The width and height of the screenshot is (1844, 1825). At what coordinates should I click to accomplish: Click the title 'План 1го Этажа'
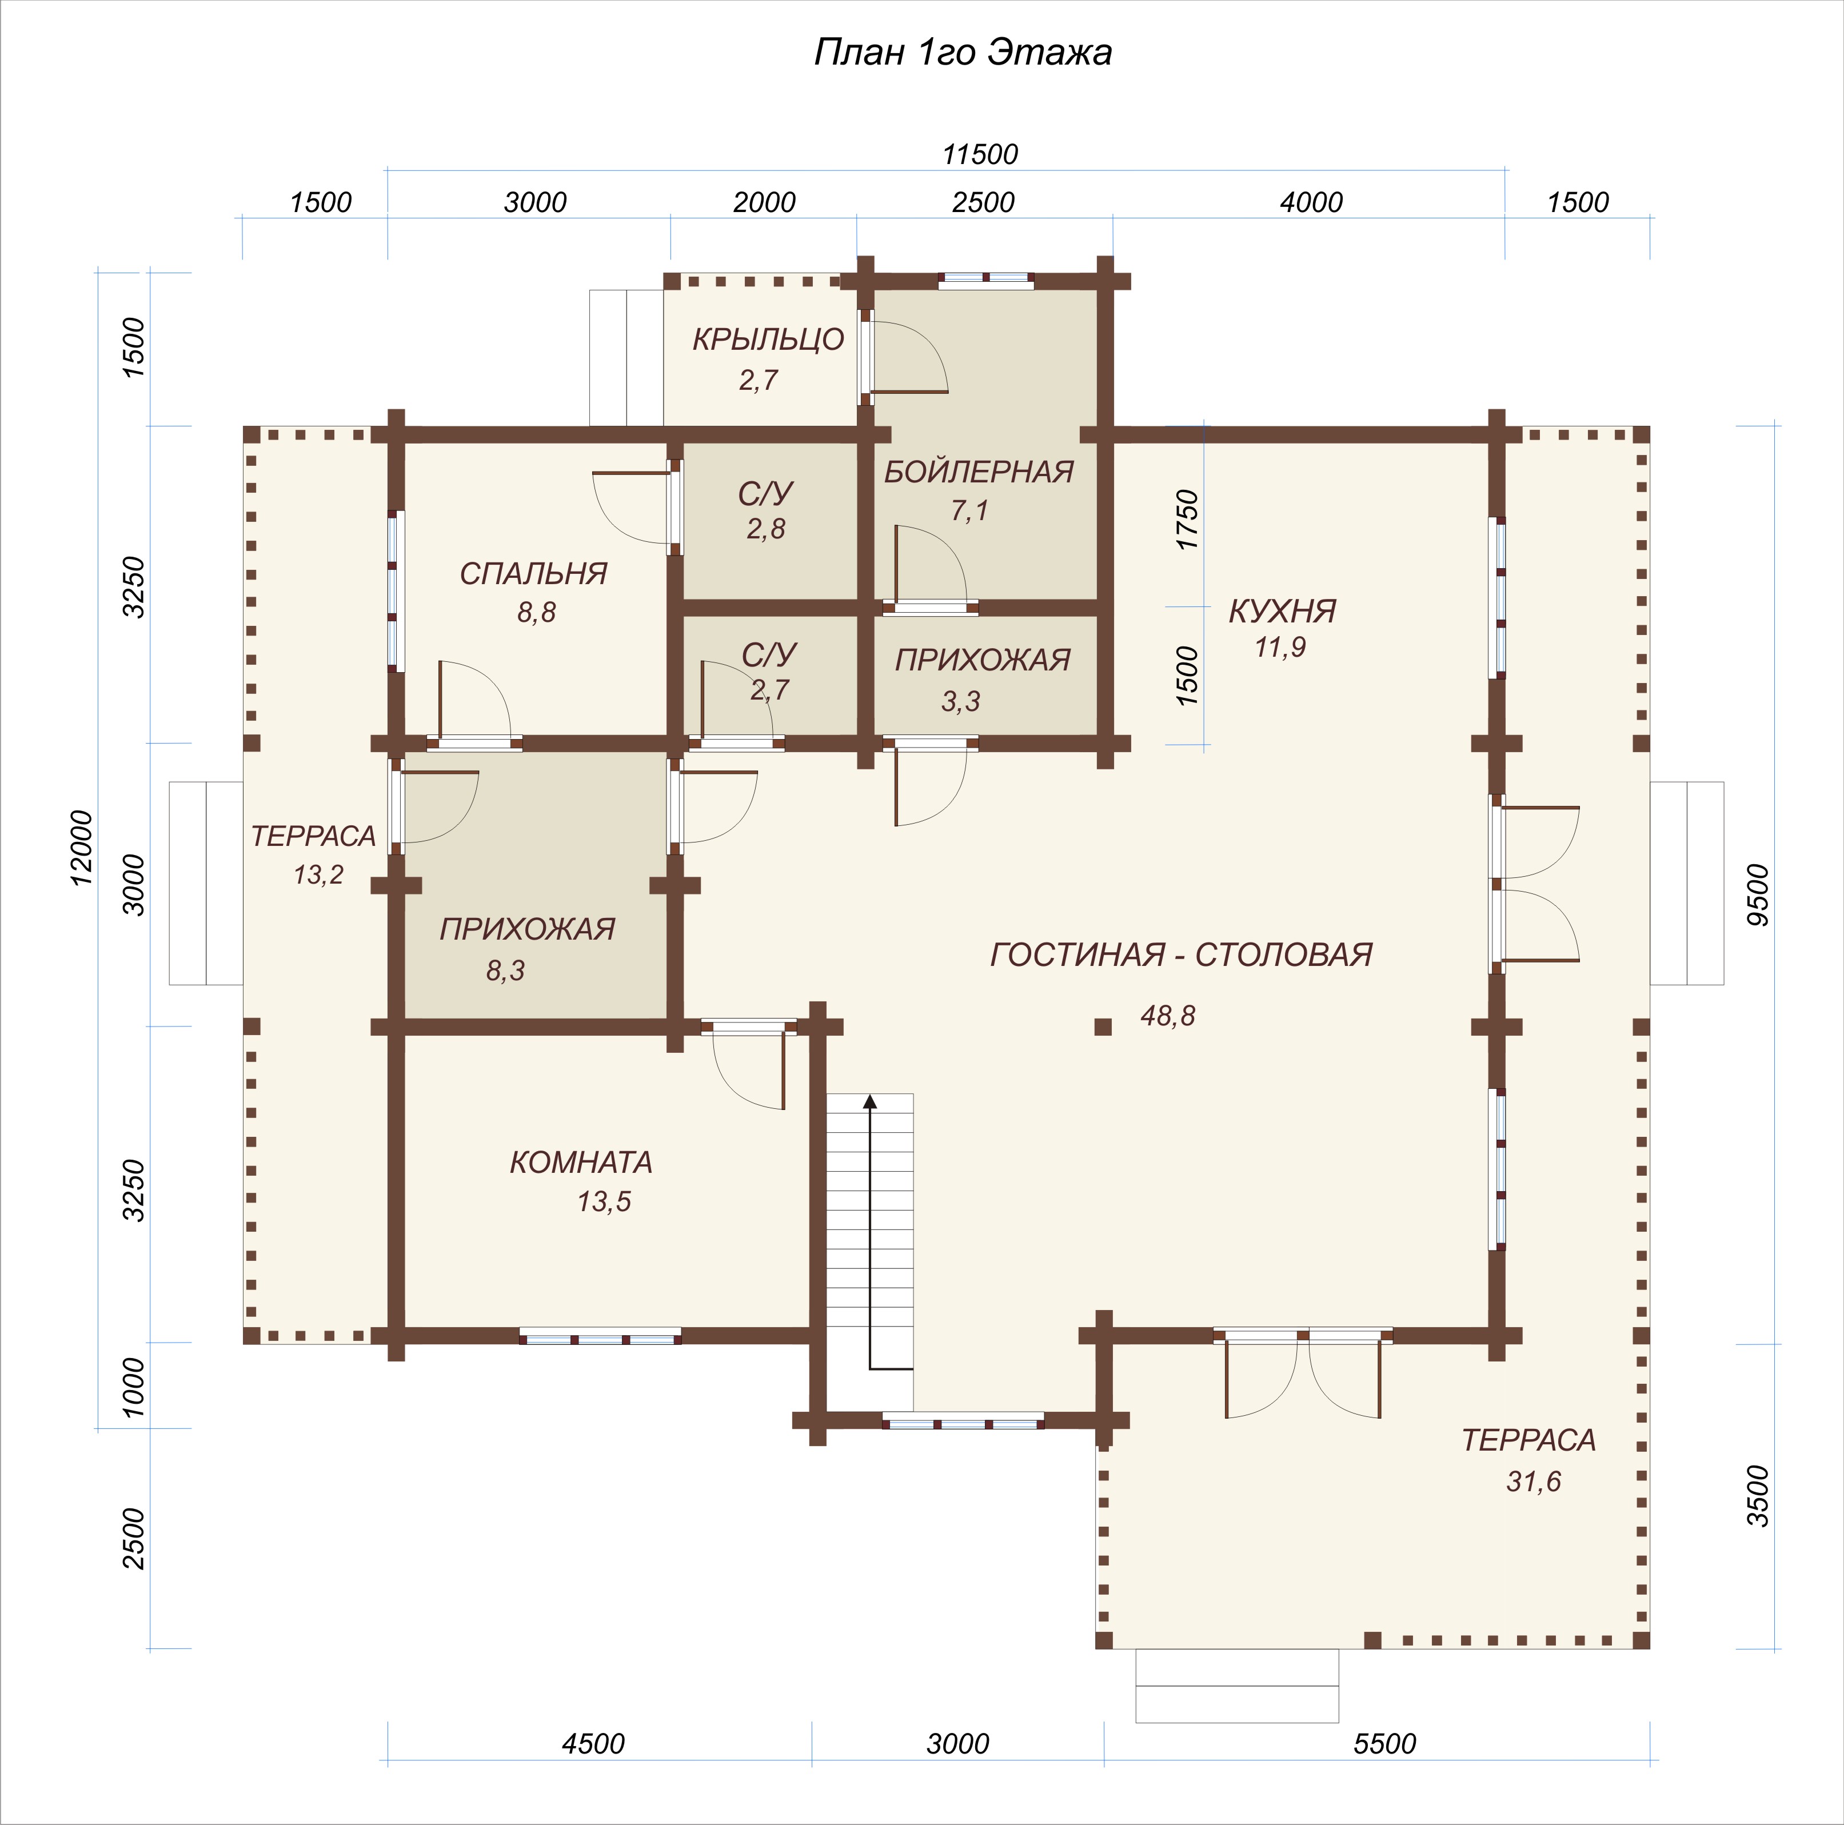click(x=962, y=53)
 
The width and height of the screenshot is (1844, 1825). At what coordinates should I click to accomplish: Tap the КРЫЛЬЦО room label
click(x=768, y=340)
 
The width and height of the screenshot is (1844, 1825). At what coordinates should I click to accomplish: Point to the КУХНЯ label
click(x=1282, y=611)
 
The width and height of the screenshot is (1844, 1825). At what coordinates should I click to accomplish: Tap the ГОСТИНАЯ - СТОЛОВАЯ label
click(x=1182, y=955)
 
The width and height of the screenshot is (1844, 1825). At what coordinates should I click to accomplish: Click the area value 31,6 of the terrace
click(x=1534, y=1481)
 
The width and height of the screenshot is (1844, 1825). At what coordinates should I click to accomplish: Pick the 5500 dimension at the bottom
click(x=1385, y=1744)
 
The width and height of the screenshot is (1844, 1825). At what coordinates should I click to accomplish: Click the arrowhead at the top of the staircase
click(x=869, y=1100)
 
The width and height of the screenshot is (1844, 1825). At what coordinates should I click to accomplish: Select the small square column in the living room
click(x=1103, y=1027)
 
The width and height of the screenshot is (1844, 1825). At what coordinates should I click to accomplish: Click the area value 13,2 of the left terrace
click(x=318, y=874)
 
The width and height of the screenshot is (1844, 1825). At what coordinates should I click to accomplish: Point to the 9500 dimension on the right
click(x=1757, y=894)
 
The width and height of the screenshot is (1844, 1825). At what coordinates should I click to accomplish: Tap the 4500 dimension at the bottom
click(x=593, y=1744)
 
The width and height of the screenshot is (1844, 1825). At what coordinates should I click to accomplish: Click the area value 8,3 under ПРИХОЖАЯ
click(x=505, y=971)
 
